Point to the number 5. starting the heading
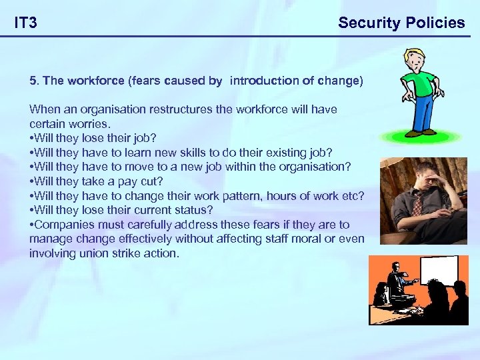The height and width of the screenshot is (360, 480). tap(35, 81)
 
